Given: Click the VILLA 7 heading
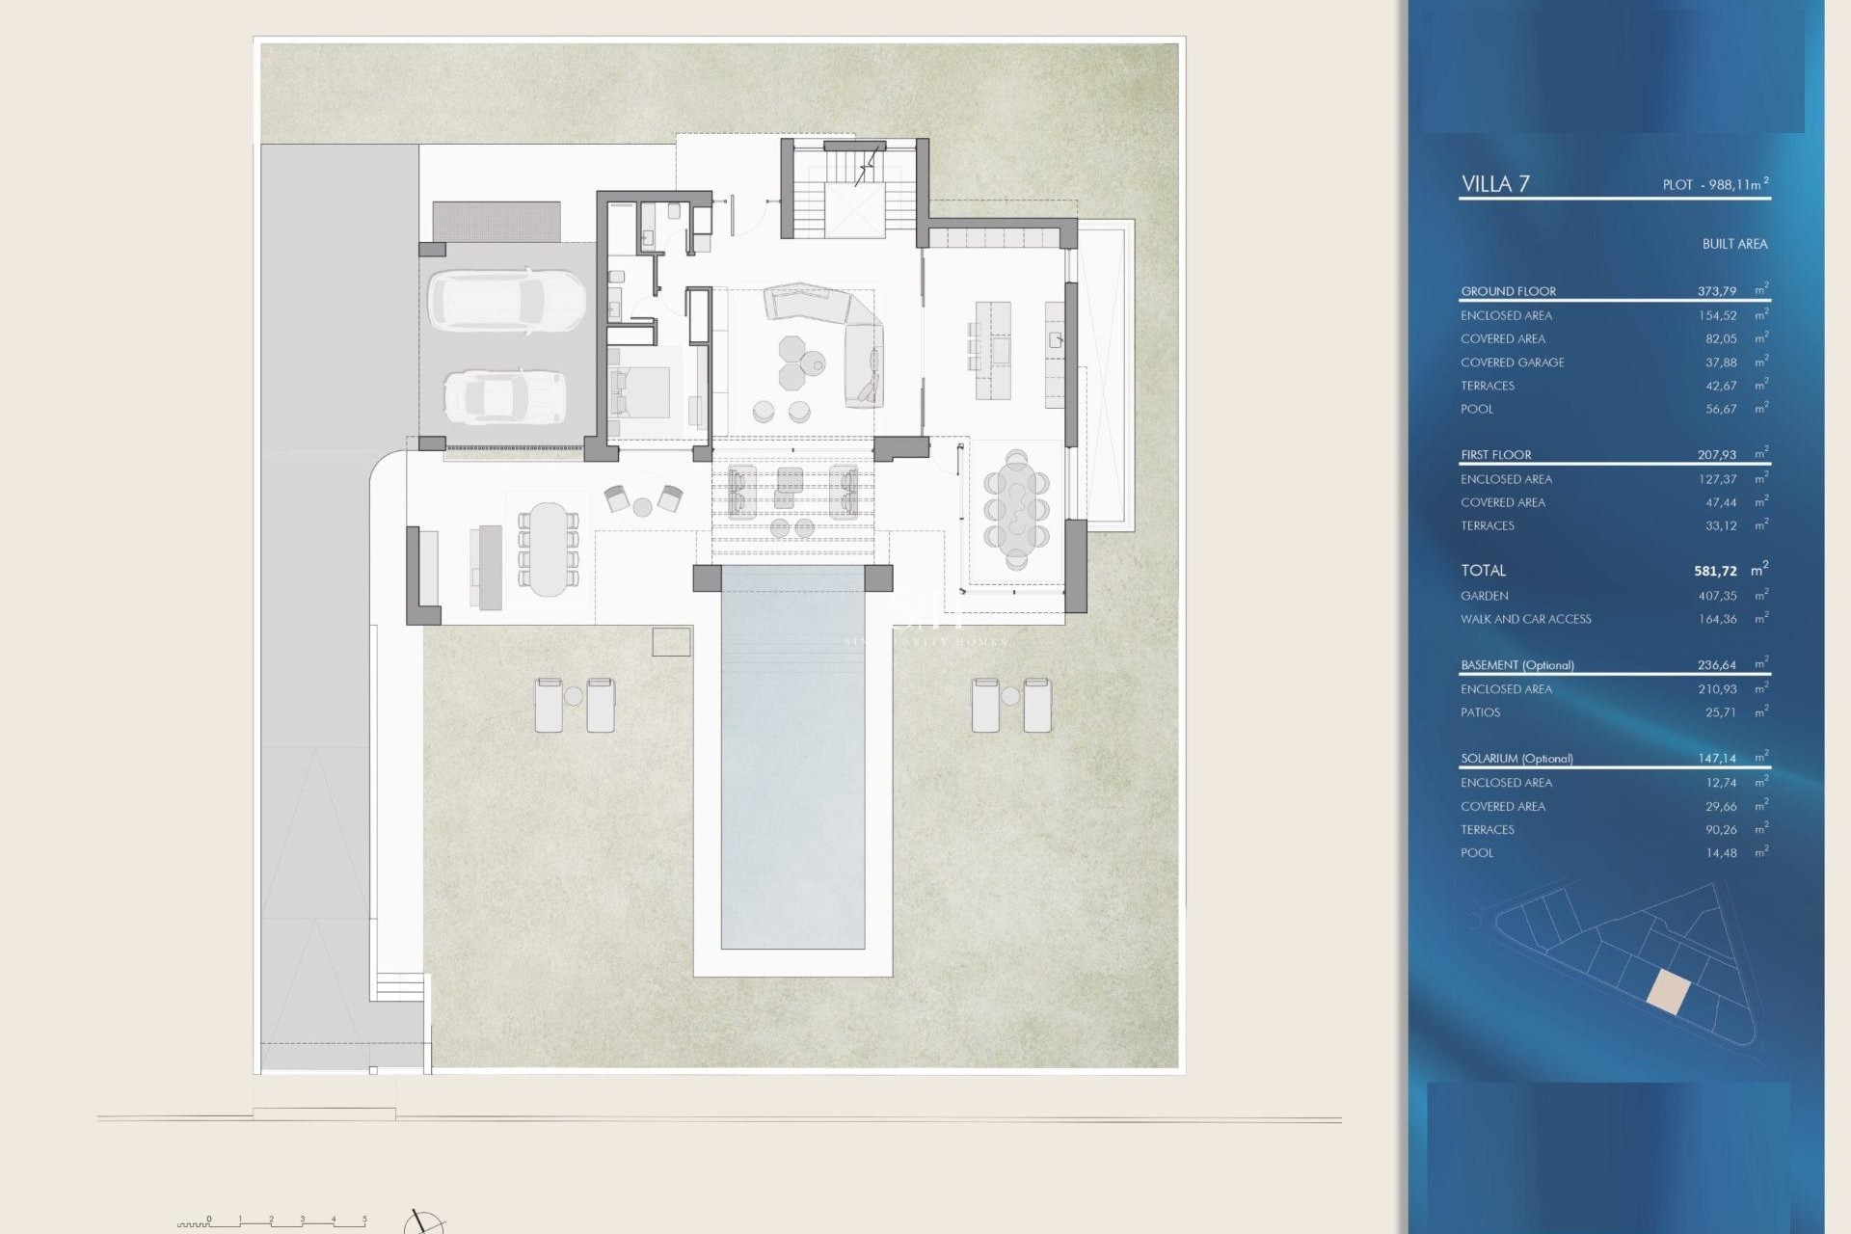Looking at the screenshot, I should click(x=1495, y=184).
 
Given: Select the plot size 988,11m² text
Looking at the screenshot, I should click(x=1715, y=184).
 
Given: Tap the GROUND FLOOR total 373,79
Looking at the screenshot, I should click(x=1716, y=291).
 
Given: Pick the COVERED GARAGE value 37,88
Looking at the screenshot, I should click(x=1721, y=362).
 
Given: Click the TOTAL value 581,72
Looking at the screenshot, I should click(x=1715, y=571).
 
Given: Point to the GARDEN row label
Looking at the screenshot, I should click(x=1484, y=596).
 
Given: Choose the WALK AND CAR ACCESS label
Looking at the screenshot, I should click(x=1525, y=619).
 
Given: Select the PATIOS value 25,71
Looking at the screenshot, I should click(x=1720, y=712).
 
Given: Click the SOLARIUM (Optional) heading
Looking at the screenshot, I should click(x=1516, y=759).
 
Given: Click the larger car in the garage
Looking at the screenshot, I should click(x=506, y=300).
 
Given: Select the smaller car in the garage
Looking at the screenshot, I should click(x=504, y=396).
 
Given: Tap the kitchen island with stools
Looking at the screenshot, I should click(x=992, y=350).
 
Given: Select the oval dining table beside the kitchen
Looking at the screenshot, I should click(x=1016, y=508).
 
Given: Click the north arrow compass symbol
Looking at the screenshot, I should click(x=422, y=1222).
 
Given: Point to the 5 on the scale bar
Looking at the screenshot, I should click(x=364, y=1220).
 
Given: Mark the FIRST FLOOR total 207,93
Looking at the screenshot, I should click(x=1716, y=455).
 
